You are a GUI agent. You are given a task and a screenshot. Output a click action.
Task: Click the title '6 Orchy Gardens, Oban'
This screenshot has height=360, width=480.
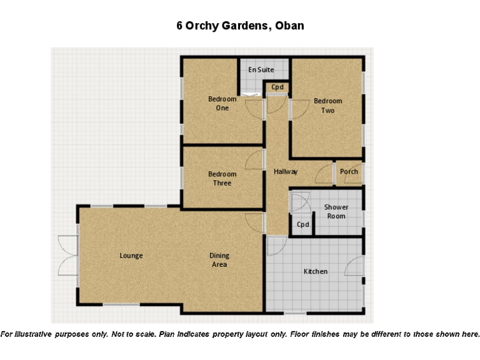pyautogui.click(x=240, y=26)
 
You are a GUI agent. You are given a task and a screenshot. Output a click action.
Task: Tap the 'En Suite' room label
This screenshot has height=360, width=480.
pyautogui.click(x=261, y=70)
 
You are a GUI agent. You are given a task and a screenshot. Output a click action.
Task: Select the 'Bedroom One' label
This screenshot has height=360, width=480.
pyautogui.click(x=222, y=103)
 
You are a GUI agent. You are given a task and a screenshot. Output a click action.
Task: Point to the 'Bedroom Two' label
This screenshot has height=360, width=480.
pyautogui.click(x=328, y=106)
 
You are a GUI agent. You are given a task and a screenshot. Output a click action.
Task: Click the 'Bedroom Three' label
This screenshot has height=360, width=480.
pyautogui.click(x=222, y=178)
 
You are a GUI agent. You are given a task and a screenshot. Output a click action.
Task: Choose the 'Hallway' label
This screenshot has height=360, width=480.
pyautogui.click(x=286, y=171)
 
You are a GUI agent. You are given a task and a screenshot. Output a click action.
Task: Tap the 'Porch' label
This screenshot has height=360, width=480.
pyautogui.click(x=349, y=171)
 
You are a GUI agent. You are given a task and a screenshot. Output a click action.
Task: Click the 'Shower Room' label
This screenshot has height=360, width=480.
pyautogui.click(x=336, y=211)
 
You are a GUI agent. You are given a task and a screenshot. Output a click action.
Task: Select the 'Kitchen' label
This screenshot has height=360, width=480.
pyautogui.click(x=316, y=271)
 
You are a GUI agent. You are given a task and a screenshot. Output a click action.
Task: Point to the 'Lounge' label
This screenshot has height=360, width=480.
pyautogui.click(x=131, y=256)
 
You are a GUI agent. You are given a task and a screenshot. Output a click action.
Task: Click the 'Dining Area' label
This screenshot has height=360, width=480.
pyautogui.click(x=219, y=259)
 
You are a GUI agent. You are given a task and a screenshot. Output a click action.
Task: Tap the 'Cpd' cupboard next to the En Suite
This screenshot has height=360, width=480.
pyautogui.click(x=277, y=87)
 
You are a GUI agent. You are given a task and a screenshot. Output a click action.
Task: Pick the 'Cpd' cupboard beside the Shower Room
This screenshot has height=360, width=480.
pyautogui.click(x=303, y=224)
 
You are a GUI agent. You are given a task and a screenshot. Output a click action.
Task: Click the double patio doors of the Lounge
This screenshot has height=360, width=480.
pyautogui.click(x=67, y=255)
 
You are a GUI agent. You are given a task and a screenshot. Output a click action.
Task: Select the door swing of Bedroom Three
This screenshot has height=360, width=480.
pyautogui.click(x=255, y=160)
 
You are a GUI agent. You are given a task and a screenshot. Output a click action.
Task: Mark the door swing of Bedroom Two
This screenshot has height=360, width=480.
pyautogui.click(x=299, y=109)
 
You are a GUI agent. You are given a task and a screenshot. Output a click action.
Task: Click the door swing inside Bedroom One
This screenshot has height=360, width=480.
pyautogui.click(x=254, y=109)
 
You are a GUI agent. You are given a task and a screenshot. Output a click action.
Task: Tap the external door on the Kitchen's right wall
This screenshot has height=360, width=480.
pyautogui.click(x=355, y=267)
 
